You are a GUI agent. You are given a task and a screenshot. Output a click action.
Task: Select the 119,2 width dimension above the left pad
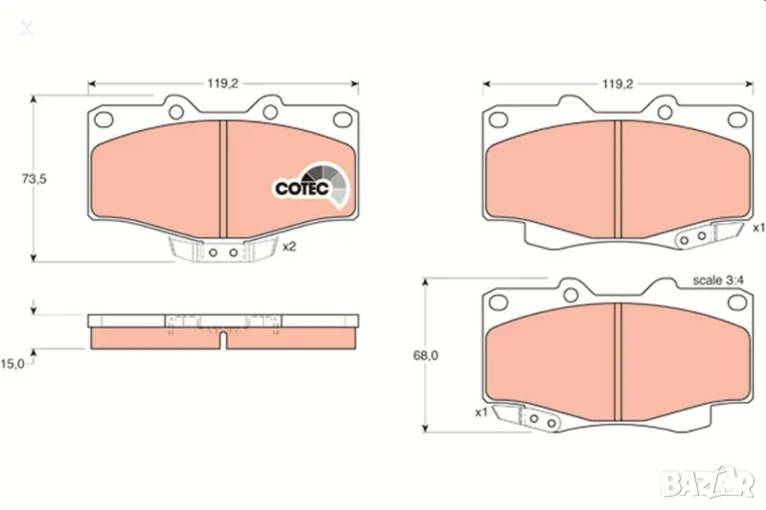(x=222, y=83)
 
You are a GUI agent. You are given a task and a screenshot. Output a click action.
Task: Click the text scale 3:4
(x=719, y=281)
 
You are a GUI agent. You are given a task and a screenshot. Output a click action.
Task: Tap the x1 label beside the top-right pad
(x=757, y=228)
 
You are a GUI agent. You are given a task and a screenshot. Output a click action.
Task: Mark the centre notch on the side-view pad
(x=221, y=336)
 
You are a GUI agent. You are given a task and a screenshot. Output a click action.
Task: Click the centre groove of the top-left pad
(x=222, y=177)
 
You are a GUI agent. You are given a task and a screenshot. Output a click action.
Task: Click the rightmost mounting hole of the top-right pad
(x=735, y=120)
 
